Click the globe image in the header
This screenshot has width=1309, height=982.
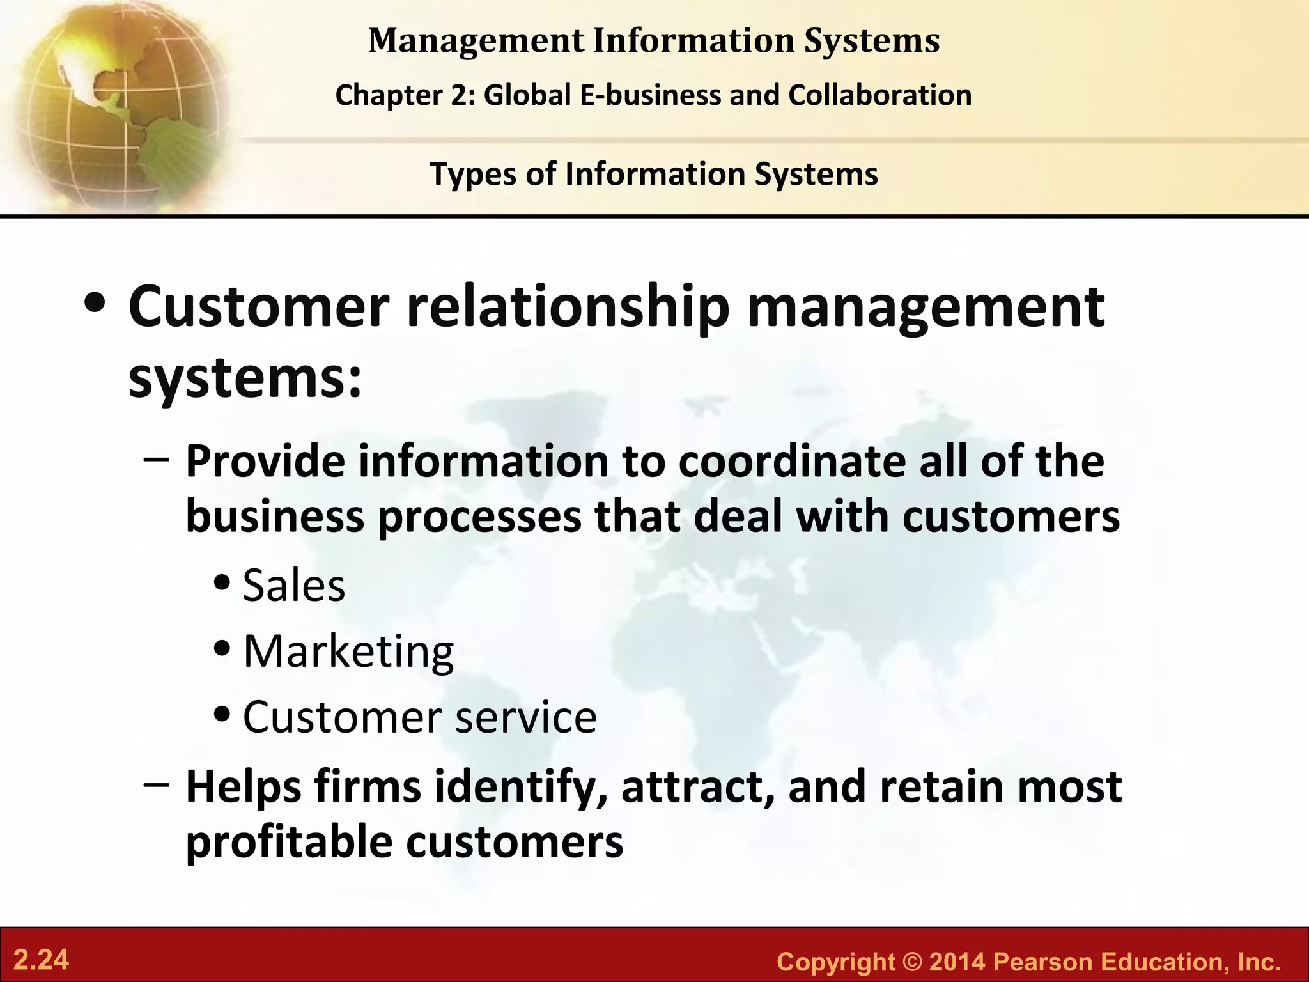click(x=115, y=105)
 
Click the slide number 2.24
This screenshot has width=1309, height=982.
click(x=41, y=960)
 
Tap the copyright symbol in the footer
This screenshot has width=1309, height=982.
click(x=912, y=962)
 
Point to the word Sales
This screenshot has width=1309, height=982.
click(x=294, y=586)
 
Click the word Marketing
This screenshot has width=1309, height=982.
click(x=348, y=651)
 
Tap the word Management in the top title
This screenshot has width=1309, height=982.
click(x=476, y=41)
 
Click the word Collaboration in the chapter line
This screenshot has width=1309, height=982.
click(x=880, y=95)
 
